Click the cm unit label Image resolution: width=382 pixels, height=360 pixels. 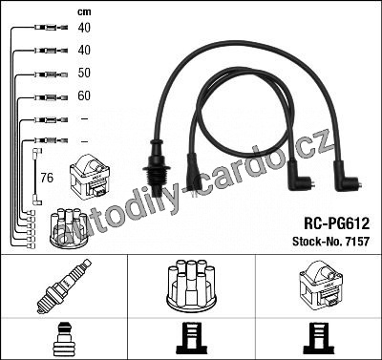tap(84, 12)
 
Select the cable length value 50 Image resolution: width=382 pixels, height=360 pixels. tap(84, 73)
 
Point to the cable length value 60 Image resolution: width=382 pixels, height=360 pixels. tap(84, 95)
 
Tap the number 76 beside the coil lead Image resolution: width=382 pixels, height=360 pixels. tap(47, 178)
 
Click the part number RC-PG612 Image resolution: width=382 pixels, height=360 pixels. tap(337, 223)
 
